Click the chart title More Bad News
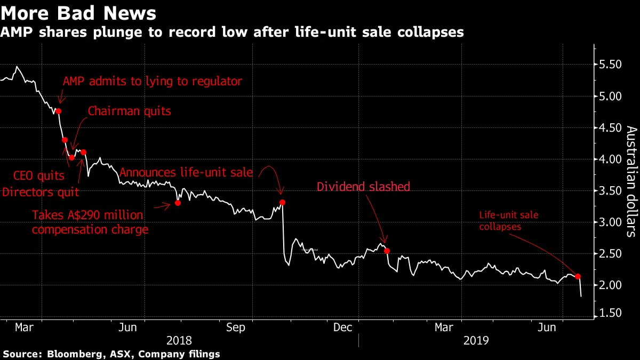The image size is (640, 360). pos(79,13)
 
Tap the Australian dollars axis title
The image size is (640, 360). pos(630,181)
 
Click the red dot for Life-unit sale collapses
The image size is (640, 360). pos(578,276)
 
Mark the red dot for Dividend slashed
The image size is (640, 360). pos(387,251)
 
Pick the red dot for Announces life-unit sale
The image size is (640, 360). pos(282,202)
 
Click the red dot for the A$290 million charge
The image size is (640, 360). pos(178,203)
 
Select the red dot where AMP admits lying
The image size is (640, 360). pos(59,111)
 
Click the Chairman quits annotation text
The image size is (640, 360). pos(129,111)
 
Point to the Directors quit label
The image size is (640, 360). pos(41,191)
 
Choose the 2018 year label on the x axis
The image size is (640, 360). pos(180,340)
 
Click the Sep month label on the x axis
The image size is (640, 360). pos(236,327)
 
